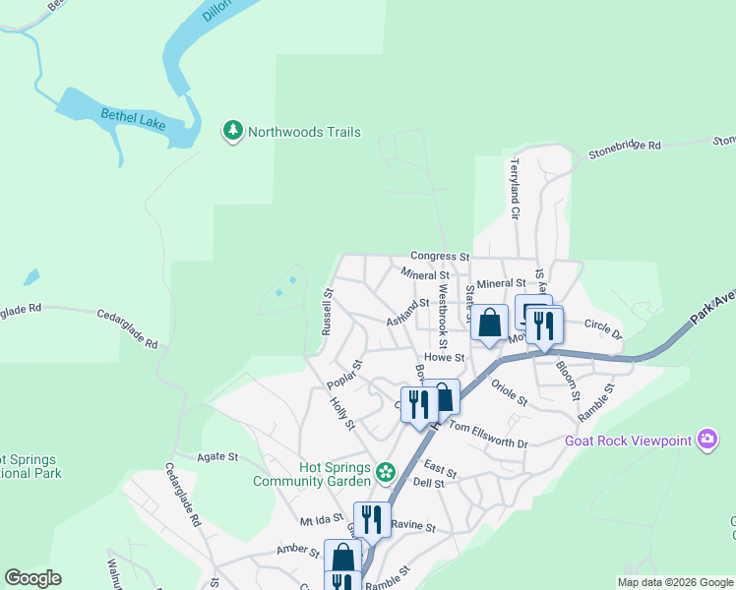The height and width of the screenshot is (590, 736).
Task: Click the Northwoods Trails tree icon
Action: coord(233,131)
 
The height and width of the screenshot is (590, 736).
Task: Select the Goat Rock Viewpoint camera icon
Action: coord(706,441)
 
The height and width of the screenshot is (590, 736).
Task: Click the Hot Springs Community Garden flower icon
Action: coord(386,473)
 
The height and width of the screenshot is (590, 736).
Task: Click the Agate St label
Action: coord(218,456)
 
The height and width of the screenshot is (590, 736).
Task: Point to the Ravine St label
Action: coord(413,526)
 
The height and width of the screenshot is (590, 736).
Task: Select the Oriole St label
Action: coord(510,394)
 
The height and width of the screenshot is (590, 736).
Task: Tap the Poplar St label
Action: coord(345,375)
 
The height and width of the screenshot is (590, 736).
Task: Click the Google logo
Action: coord(32,578)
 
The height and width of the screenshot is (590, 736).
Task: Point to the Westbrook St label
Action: coord(444,311)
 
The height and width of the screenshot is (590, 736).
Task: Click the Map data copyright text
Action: coord(675,581)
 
